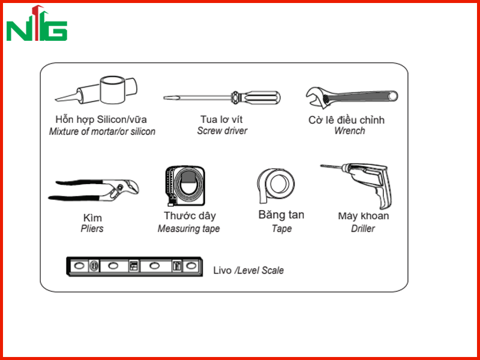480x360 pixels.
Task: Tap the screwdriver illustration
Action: click(221, 98)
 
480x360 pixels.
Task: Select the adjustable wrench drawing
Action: click(352, 97)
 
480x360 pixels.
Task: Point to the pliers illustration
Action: click(94, 190)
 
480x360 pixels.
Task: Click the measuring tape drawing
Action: click(185, 186)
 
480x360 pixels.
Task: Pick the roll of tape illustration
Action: click(275, 185)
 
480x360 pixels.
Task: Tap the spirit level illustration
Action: click(134, 266)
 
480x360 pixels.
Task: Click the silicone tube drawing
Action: click(96, 90)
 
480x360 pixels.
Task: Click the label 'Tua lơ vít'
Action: click(221, 119)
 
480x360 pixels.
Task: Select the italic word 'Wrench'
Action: click(349, 131)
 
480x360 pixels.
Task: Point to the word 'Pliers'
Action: click(92, 229)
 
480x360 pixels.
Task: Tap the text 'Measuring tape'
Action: click(188, 229)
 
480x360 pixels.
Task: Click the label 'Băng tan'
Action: click(281, 215)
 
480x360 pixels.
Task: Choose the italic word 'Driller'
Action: click(363, 229)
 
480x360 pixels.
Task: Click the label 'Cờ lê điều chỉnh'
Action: click(346, 119)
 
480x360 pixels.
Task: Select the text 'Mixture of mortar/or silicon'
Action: click(102, 131)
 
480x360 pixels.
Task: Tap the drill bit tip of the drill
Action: click(322, 166)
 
